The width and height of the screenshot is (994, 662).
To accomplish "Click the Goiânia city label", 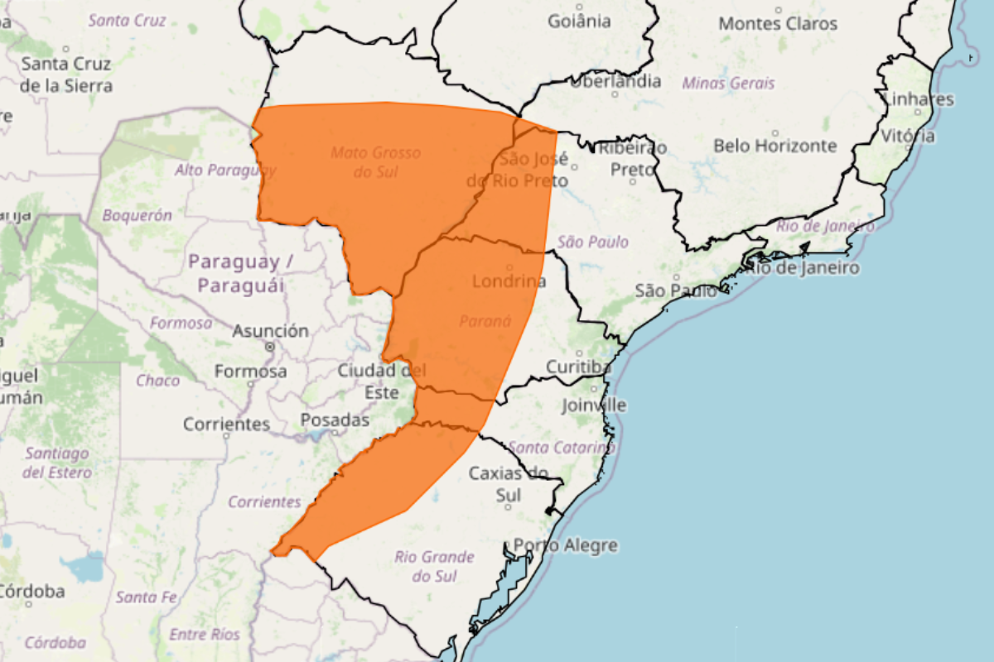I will click(x=579, y=22).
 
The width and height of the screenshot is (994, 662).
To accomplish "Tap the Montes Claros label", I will click(x=778, y=24).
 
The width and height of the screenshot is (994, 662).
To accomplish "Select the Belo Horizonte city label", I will click(x=775, y=146).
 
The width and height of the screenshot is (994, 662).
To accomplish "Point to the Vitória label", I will click(x=908, y=136).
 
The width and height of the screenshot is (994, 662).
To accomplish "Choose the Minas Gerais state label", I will click(x=729, y=83).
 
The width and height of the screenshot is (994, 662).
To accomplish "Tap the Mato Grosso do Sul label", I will click(x=376, y=162).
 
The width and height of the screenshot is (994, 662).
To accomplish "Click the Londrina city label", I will click(x=509, y=281).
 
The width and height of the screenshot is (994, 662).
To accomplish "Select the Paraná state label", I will click(x=485, y=321).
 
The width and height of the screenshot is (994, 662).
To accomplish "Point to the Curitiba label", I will click(x=578, y=367).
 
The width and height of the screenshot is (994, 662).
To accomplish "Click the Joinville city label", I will click(x=594, y=405).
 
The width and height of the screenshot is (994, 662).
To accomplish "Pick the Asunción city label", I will click(x=270, y=331).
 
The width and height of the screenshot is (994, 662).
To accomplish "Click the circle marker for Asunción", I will click(x=270, y=346).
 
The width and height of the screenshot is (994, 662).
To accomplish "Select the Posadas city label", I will click(x=335, y=420).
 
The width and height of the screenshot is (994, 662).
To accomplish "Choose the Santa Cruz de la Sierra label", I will click(x=66, y=74).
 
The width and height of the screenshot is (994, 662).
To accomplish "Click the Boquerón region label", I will click(x=138, y=215).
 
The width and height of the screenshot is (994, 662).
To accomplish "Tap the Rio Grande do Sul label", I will click(x=435, y=566).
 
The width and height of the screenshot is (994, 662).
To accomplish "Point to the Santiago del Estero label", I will click(x=57, y=463).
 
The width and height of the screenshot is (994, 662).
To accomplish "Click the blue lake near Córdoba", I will click(x=82, y=568).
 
